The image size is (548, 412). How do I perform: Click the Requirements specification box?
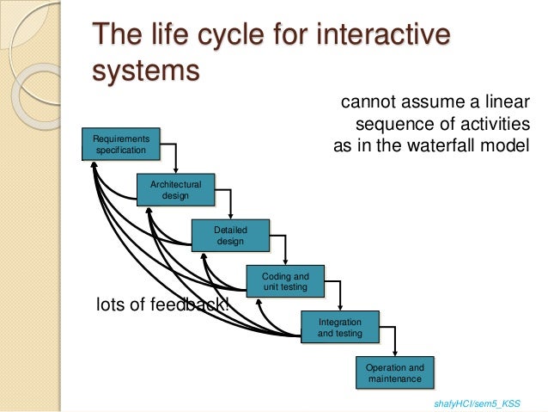[120, 144]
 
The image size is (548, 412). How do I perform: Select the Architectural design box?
[175, 190]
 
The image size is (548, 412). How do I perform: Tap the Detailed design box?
[229, 235]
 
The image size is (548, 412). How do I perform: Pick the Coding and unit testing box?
[284, 281]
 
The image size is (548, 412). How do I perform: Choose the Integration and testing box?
[339, 327]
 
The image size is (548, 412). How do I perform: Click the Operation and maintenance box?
[394, 372]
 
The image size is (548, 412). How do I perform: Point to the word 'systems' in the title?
[144, 71]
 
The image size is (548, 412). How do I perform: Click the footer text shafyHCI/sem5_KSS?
[478, 402]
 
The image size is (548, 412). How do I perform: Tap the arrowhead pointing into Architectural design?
[175, 170]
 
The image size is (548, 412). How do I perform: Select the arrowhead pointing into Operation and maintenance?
[394, 354]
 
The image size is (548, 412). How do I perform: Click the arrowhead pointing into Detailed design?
[229, 216]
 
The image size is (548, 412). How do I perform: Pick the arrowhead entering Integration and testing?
[339, 308]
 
